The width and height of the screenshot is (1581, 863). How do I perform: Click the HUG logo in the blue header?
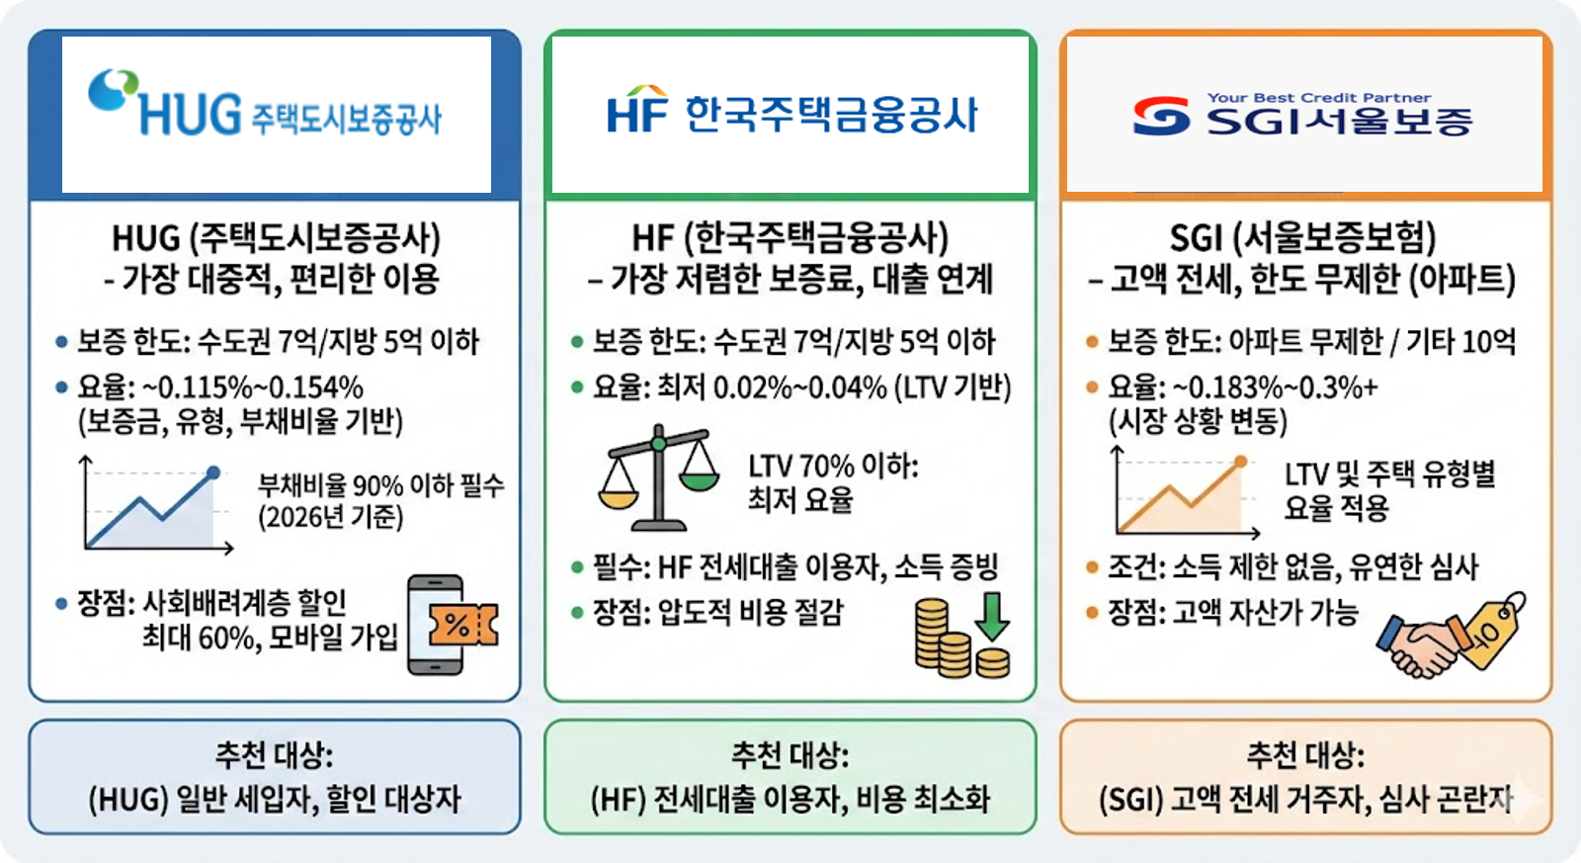tap(265, 103)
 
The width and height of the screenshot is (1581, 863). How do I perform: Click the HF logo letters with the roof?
tap(636, 110)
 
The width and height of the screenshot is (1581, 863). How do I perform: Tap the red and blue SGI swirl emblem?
tap(1161, 115)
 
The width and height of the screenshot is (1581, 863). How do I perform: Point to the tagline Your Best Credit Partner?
tap(1318, 98)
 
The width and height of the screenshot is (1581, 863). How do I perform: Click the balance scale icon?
tap(658, 477)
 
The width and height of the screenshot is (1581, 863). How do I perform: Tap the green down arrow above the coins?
tap(992, 617)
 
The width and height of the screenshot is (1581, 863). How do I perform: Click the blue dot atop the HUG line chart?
tap(213, 473)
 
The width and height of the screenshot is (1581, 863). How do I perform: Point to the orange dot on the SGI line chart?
tap(1240, 462)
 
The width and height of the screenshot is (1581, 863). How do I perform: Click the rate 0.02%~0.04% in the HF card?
tap(800, 388)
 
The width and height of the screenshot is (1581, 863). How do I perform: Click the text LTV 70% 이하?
tap(833, 467)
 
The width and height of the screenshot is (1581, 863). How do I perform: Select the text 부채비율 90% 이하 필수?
tap(380, 485)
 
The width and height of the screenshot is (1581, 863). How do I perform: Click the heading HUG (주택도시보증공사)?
tap(276, 238)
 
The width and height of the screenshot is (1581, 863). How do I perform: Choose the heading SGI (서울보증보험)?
tap(1303, 238)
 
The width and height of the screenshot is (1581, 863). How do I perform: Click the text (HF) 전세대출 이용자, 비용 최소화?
tap(790, 800)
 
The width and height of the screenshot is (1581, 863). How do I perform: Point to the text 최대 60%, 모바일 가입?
tap(270, 638)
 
